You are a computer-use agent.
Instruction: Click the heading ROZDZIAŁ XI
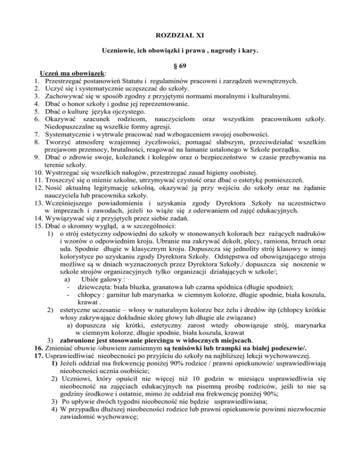180,34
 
